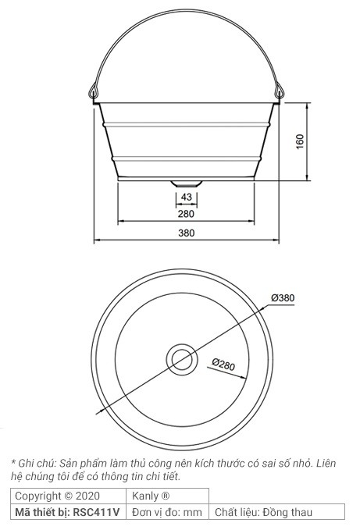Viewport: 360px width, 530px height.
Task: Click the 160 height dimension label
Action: coord(301,142)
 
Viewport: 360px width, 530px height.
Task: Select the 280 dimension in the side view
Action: coord(186,214)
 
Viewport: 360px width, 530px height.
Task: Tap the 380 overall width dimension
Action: coord(186,233)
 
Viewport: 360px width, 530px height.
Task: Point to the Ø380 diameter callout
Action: coord(282,297)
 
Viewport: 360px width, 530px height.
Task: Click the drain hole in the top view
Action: coord(182,359)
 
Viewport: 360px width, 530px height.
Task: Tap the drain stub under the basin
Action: coord(186,183)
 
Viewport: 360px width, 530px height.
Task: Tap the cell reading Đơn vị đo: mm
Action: coord(167,512)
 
